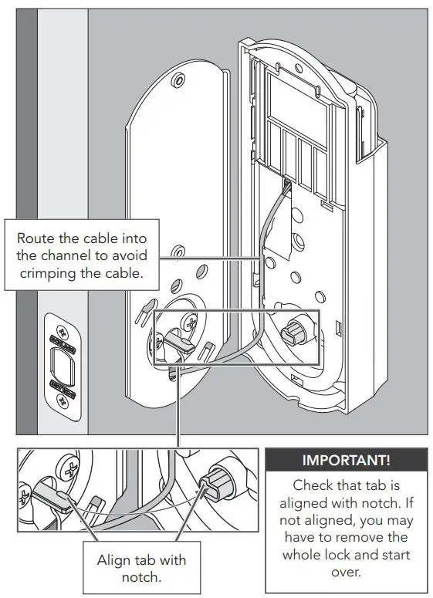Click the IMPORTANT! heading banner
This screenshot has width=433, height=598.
[346, 461]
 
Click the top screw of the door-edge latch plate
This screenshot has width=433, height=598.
[61, 325]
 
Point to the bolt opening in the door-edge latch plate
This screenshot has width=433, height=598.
[62, 361]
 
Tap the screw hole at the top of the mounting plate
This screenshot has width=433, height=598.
[178, 79]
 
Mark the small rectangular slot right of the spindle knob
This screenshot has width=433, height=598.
[339, 330]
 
